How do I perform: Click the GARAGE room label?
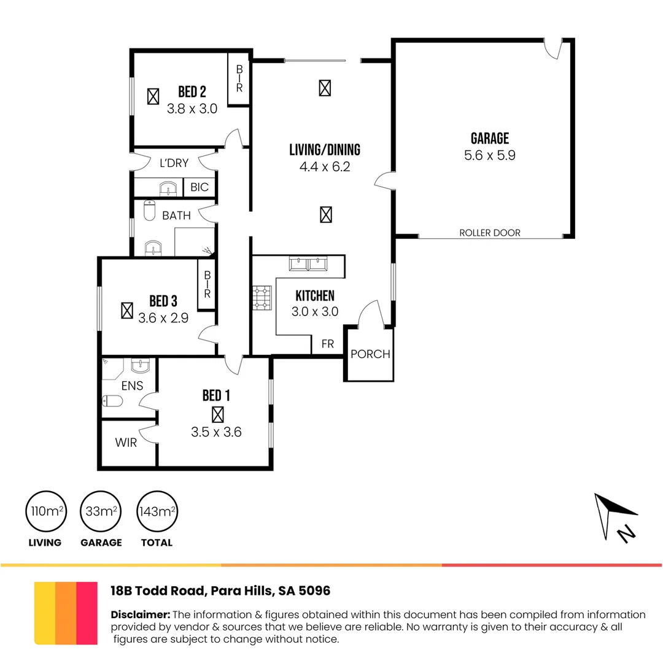489,139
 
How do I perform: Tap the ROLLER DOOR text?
489,233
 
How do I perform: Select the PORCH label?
370,354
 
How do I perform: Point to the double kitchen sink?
308,264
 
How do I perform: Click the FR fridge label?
328,344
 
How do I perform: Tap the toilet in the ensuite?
114,401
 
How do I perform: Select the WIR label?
126,443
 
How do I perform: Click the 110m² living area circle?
45,511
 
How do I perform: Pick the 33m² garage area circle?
101,511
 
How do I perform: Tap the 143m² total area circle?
157,511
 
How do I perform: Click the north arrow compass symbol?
614,516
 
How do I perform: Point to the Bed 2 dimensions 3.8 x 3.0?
192,109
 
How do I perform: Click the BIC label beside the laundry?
200,187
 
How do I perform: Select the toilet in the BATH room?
149,211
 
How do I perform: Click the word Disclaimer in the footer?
140,615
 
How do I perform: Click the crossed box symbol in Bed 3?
127,310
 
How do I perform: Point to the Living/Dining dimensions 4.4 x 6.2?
324,166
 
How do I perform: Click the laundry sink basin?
166,188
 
